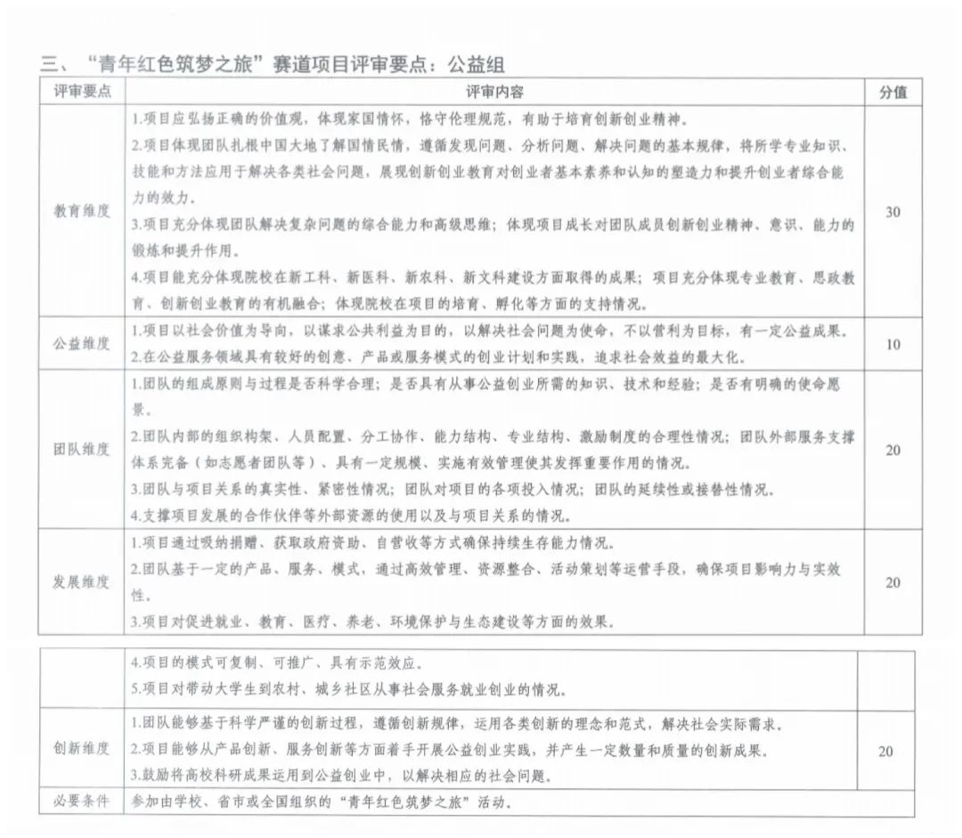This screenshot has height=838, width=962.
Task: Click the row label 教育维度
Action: (81, 212)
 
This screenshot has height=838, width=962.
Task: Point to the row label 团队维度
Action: (81, 450)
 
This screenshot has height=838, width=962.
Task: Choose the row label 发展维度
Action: (81, 582)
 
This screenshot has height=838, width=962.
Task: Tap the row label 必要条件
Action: (81, 801)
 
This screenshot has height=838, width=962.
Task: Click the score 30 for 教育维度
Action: (893, 212)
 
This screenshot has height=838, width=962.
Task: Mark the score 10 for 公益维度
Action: (893, 344)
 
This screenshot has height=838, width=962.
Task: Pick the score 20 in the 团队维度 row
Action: (893, 450)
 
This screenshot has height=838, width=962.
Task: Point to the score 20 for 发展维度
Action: (893, 582)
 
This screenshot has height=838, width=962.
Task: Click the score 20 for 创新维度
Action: (885, 751)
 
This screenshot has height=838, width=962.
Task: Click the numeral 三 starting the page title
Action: (48, 63)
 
